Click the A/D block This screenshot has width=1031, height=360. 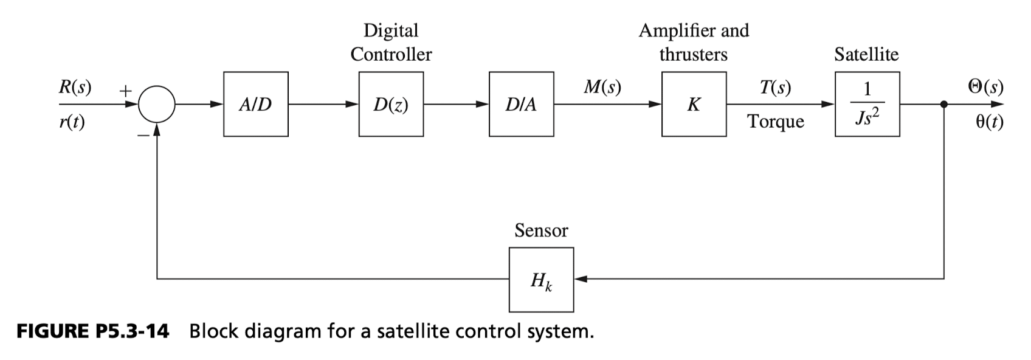255,104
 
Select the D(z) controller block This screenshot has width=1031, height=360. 391,104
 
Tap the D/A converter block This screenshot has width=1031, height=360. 521,104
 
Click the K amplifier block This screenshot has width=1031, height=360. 694,104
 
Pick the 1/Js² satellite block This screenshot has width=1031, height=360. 867,104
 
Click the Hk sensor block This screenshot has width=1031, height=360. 541,280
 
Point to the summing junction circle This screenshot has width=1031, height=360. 157,105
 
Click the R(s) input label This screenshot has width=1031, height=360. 75,87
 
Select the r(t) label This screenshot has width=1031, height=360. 72,122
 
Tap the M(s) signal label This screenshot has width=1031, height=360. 602,87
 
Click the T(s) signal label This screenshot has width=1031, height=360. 775,87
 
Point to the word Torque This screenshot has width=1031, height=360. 775,122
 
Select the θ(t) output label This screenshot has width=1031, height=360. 989,122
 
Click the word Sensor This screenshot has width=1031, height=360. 541,230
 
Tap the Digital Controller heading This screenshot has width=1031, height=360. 391,42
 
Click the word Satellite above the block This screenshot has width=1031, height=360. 866,54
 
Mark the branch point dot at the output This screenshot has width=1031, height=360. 944,105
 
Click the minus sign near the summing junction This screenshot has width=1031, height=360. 142,135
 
